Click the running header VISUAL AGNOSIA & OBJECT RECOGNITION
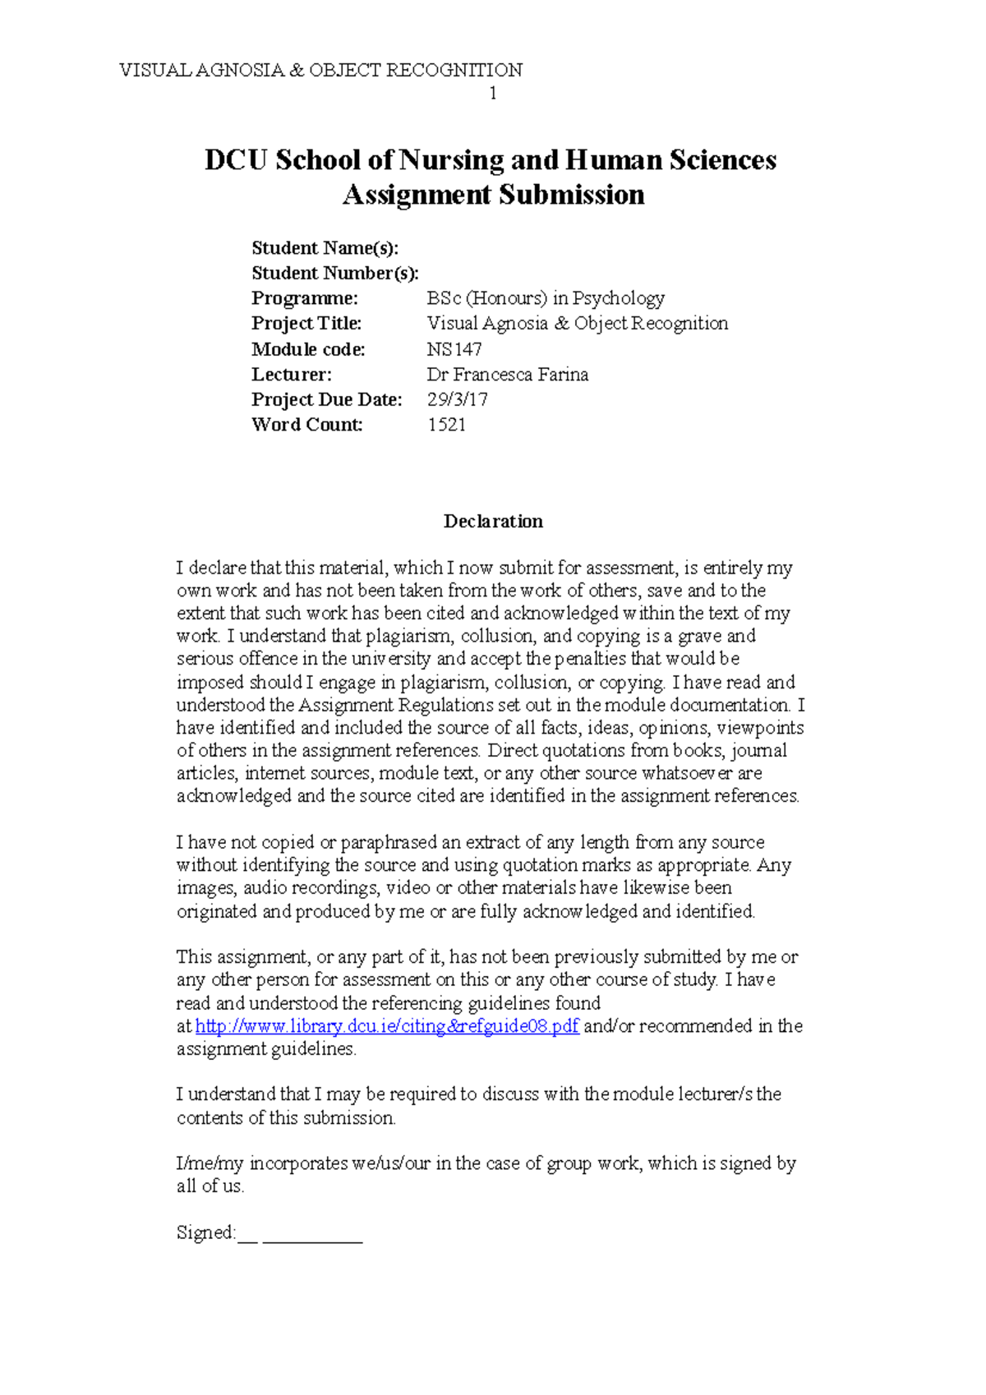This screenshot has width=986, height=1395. tap(320, 70)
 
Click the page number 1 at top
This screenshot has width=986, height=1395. tap(492, 94)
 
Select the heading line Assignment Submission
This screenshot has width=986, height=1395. tap(493, 196)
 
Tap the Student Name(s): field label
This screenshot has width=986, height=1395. tap(325, 248)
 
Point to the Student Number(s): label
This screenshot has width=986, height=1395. tap(334, 273)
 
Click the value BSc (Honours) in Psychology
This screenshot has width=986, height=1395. tap(546, 298)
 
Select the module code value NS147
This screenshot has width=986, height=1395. tap(454, 349)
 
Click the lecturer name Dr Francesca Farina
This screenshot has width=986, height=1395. tap(507, 375)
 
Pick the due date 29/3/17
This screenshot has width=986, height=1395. tap(457, 400)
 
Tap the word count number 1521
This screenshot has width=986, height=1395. tap(446, 425)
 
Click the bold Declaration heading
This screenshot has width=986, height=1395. tap(493, 522)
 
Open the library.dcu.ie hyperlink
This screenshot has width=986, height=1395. tap(387, 1027)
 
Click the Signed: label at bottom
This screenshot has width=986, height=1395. tap(205, 1233)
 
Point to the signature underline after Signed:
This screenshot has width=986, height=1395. tap(312, 1239)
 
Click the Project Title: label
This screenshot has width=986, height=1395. tap(306, 324)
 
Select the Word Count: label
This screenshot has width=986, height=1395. tap(306, 425)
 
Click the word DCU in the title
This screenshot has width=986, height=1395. tap(236, 160)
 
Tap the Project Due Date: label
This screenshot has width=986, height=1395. tap(326, 400)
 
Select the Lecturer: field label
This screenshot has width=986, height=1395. tap(291, 375)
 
